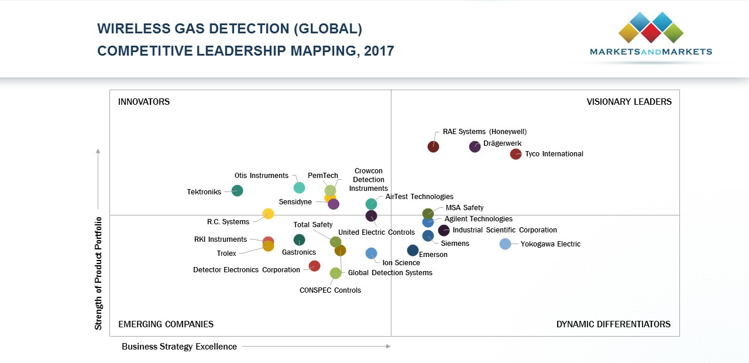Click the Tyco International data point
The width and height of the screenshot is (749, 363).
coord(516,154)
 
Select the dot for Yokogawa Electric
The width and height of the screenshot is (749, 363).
coord(506,244)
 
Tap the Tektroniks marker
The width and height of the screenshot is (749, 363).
coord(237,190)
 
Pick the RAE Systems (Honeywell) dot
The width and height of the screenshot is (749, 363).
coord(434,146)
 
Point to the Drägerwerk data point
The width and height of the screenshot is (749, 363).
coord(475,146)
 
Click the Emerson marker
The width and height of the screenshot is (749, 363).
coord(413,250)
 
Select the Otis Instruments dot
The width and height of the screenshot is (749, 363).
coord(299,187)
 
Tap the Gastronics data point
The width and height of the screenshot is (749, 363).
coord(299,239)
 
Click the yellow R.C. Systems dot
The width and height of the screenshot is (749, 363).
coord(268,214)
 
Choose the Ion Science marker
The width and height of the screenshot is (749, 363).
coord(371,253)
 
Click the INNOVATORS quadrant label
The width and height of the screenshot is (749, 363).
coord(144,102)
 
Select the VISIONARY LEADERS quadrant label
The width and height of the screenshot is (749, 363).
coord(629,102)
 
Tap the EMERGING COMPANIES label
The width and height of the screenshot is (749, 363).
coord(166,324)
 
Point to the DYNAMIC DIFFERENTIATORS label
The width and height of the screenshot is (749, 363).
coord(613,324)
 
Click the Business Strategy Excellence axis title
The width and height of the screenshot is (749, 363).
coord(179,347)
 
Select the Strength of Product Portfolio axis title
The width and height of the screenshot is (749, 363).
coord(98,273)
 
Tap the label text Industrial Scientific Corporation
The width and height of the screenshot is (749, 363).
coord(504,230)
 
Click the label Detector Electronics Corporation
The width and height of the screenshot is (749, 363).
coord(246,270)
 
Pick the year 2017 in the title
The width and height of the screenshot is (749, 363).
coord(379,51)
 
